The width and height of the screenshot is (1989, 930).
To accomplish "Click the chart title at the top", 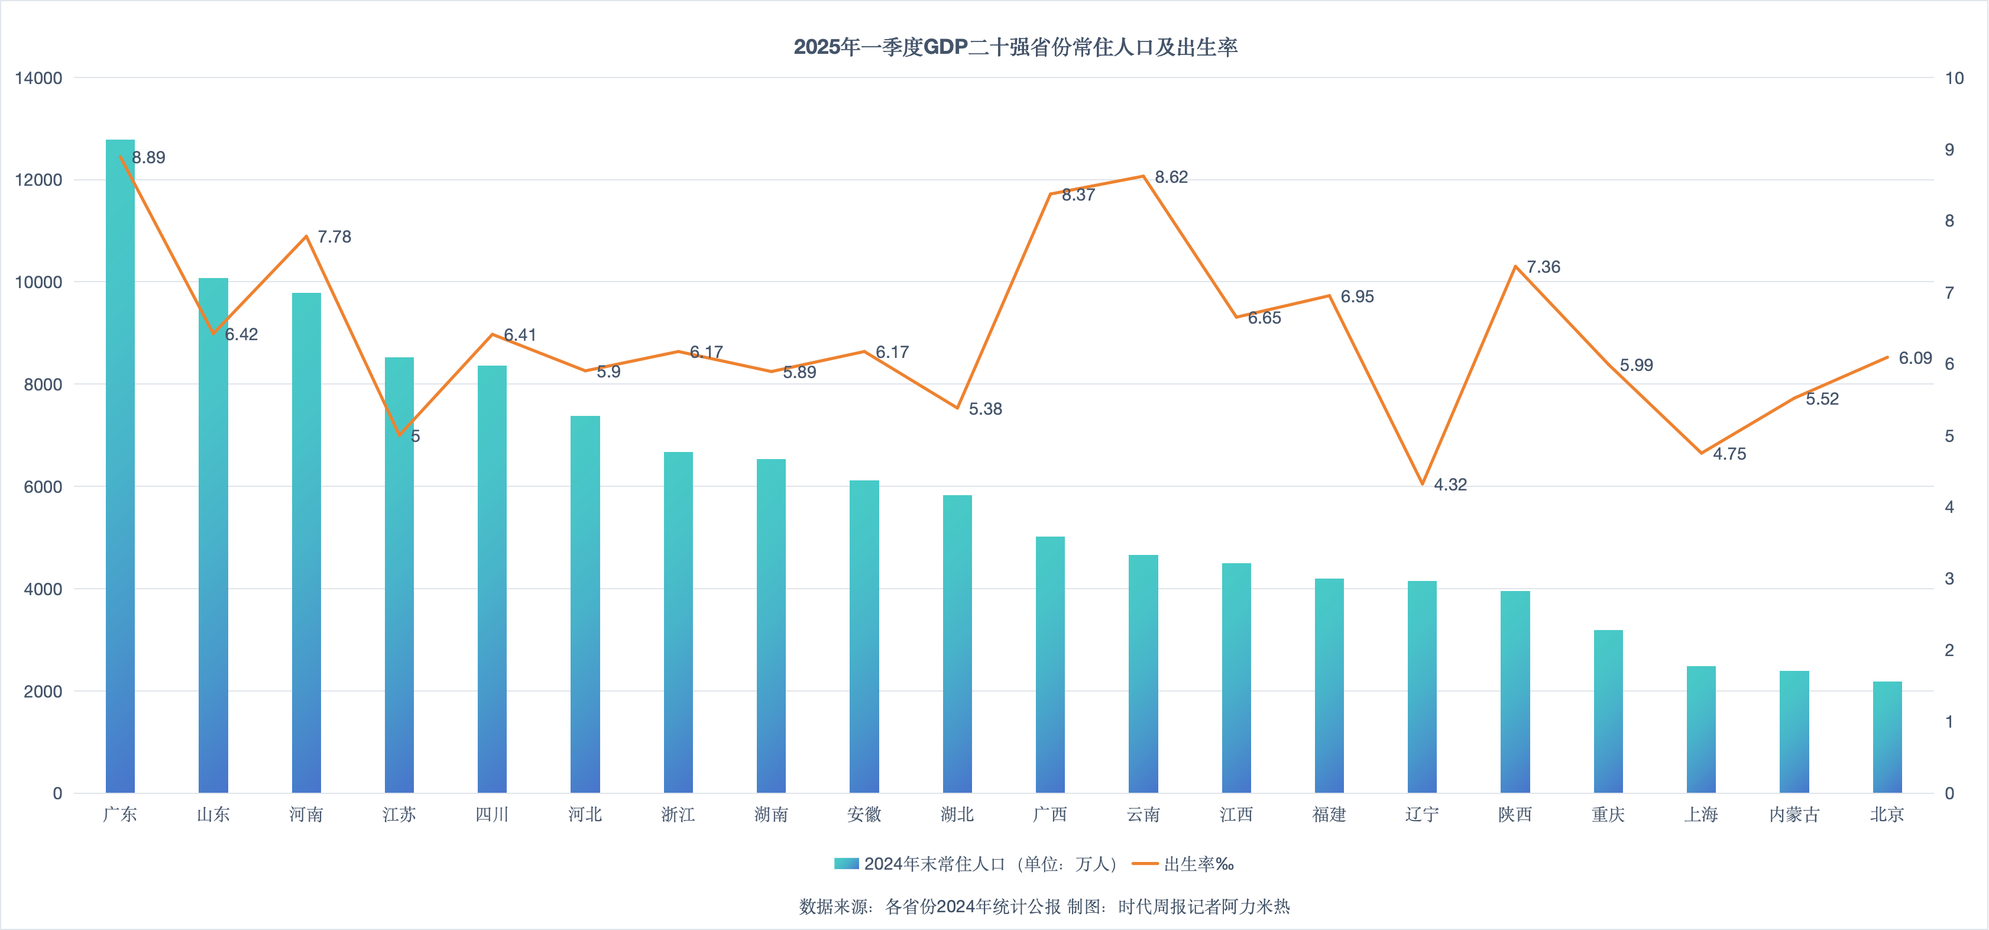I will click(1015, 47).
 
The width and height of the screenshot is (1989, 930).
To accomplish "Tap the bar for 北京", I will click(1887, 737).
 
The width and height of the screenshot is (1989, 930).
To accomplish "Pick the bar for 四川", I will click(492, 579).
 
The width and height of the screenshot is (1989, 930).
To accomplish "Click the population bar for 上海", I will click(1701, 729).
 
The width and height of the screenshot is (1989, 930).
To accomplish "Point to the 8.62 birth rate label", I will click(1171, 177).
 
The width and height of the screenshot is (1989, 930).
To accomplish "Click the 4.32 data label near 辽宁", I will click(1450, 485).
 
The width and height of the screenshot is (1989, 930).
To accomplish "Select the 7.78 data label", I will click(334, 237).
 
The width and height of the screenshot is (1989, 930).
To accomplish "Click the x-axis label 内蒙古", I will click(1794, 815).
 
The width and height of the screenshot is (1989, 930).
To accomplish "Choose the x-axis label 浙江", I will click(678, 815).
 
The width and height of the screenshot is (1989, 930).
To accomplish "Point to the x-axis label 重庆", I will click(1608, 815).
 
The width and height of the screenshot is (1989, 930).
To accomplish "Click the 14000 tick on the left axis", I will click(38, 78).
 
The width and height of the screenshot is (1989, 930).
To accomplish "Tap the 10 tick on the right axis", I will click(1954, 78).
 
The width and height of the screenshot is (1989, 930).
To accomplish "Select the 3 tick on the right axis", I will click(1949, 579).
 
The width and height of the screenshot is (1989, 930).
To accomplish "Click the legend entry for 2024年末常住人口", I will click(976, 864).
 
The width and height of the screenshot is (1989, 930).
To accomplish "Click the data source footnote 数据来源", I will click(1044, 907).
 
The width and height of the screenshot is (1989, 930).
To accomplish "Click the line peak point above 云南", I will click(1143, 176).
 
